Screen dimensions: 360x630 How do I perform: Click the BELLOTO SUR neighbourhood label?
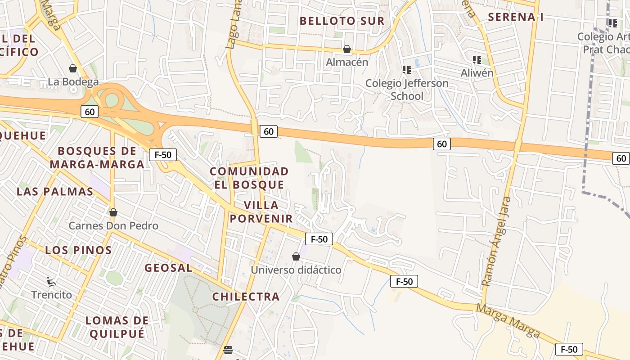tap(342, 21)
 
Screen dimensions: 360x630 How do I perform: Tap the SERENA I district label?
tap(516, 17)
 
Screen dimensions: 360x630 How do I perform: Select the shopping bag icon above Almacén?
tap(347, 49)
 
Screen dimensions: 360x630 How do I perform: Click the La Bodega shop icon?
tap(73, 68)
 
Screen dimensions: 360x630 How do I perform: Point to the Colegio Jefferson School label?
tap(407, 90)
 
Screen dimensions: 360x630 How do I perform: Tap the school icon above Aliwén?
tap(477, 59)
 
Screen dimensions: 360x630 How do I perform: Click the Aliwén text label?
tap(477, 72)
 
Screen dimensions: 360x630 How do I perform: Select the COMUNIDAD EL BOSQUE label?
tap(249, 178)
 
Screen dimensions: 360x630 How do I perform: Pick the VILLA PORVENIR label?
tap(261, 212)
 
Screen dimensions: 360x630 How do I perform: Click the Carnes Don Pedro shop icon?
tap(113, 212)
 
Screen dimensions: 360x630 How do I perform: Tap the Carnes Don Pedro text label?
tap(113, 225)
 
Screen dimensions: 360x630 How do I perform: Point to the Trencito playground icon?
tap(51, 282)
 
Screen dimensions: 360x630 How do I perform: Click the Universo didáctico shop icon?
tap(296, 256)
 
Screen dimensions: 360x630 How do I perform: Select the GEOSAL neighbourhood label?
tap(168, 268)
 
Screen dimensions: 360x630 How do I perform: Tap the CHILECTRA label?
tap(246, 297)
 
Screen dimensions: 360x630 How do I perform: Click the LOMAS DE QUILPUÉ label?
tap(117, 327)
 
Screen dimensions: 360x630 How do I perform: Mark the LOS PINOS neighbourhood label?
tap(78, 250)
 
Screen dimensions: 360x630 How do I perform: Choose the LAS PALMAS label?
tap(55, 191)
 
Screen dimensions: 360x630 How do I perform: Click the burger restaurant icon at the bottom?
tap(228, 350)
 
